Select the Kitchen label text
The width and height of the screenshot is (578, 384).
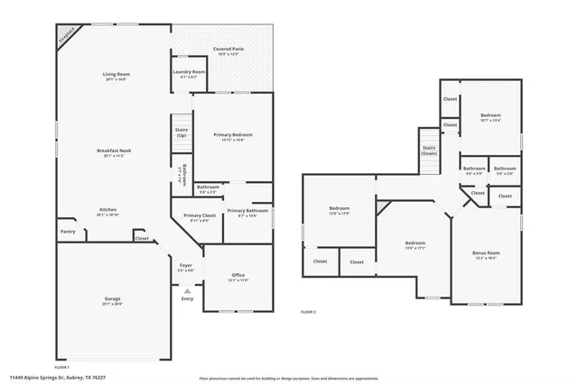107,210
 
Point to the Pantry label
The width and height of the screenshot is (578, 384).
68,232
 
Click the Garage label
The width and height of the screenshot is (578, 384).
112,298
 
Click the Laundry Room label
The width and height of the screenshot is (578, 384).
190,72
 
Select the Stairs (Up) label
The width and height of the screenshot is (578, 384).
181,132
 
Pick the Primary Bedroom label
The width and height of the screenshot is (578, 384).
233,135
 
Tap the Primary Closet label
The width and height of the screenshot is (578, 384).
198,216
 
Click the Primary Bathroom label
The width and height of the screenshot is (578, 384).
247,211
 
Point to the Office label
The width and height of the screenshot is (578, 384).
238,276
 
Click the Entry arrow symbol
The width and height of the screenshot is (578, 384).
187,291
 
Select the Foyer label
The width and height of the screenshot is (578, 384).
185,266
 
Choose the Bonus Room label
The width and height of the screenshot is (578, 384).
486,254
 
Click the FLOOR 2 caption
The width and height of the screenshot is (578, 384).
309,312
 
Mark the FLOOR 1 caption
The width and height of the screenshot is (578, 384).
62,368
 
